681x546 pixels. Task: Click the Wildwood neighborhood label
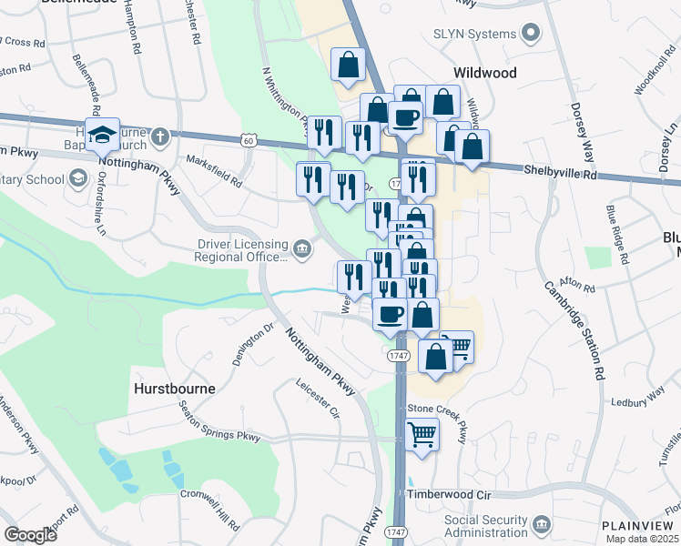click(485, 73)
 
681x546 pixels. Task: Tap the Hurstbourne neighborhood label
click(175, 388)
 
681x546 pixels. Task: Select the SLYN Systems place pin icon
click(531, 34)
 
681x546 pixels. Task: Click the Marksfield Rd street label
click(214, 169)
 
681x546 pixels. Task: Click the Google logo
click(30, 535)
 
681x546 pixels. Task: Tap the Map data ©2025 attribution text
click(643, 539)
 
